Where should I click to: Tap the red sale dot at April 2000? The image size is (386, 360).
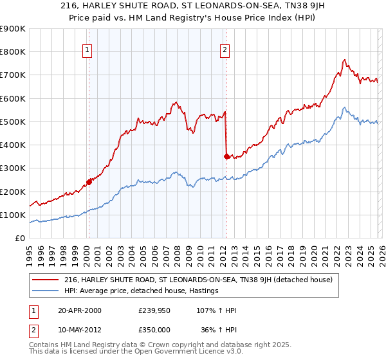point(89,182)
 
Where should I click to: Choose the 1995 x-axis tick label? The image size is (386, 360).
point(30,253)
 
